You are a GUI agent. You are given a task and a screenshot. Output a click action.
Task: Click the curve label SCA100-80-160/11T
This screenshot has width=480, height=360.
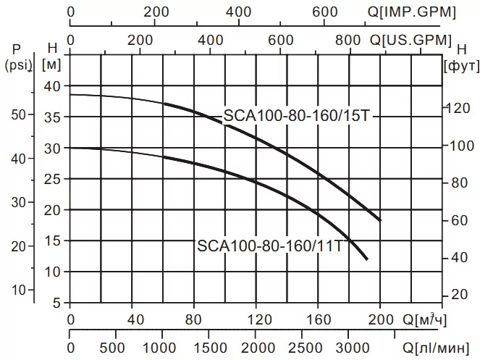point(270,246)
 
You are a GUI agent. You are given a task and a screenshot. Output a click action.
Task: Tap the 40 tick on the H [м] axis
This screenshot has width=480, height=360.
point(54,85)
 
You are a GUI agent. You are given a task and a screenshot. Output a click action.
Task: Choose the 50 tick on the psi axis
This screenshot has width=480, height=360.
point(20,114)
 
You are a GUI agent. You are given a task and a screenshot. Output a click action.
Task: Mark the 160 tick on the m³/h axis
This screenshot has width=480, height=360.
point(318,319)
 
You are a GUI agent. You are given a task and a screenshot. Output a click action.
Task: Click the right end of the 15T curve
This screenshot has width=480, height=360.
point(379,219)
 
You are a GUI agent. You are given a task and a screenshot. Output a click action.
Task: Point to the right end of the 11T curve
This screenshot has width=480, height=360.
point(367,259)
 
